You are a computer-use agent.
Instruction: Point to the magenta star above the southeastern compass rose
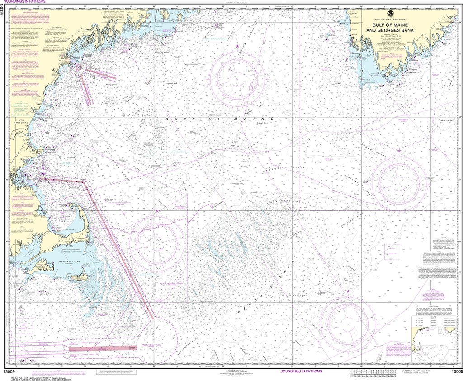click(x=348, y=291)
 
